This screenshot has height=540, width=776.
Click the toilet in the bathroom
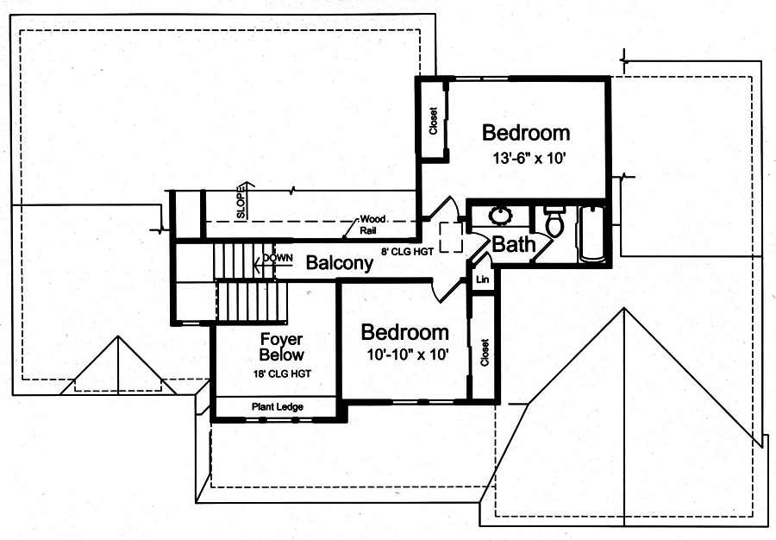[x=555, y=222]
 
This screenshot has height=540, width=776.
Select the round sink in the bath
[x=499, y=216]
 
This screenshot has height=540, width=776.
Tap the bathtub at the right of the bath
[x=593, y=233]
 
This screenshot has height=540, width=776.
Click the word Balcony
[x=340, y=263]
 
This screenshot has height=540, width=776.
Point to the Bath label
[x=513, y=245]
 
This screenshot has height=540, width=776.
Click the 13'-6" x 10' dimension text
[x=526, y=159]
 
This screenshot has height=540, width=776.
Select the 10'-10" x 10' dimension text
[x=404, y=355]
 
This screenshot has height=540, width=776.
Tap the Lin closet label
[x=483, y=280]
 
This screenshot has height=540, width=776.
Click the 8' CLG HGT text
[x=406, y=252]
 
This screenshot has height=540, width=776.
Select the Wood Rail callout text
[x=372, y=225]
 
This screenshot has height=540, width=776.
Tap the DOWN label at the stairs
[x=278, y=258]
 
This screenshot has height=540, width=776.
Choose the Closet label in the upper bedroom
[x=434, y=121]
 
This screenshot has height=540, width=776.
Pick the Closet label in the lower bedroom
[x=485, y=351]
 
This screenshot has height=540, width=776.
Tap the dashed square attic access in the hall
[x=450, y=237]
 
